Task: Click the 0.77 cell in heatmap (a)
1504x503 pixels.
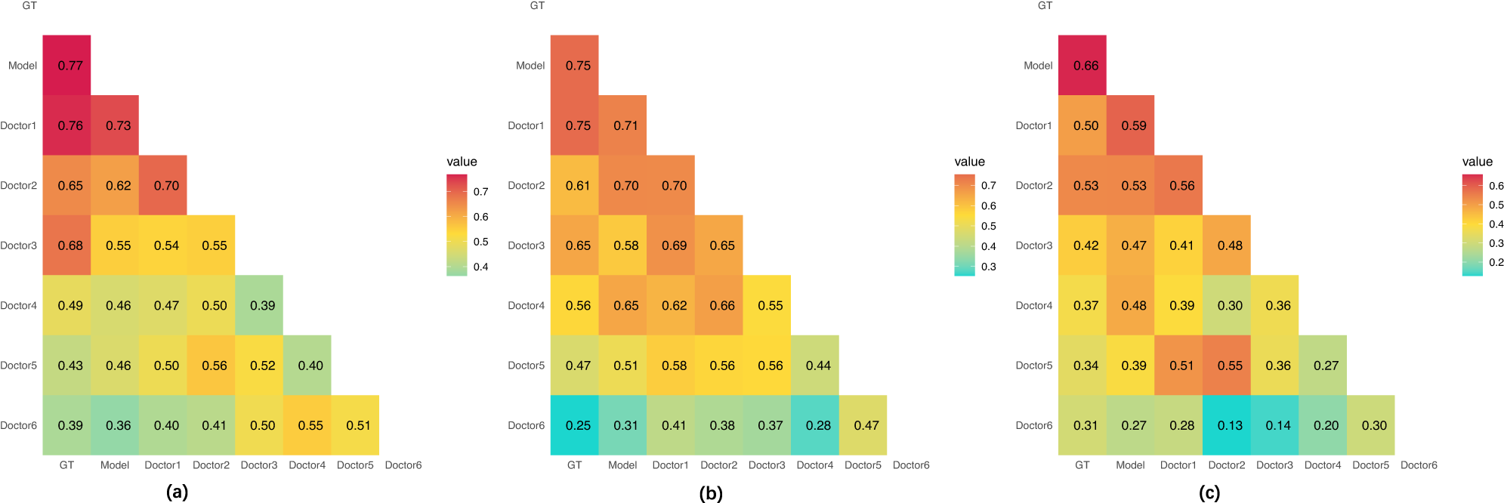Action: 70,66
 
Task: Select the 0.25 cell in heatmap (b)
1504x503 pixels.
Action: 578,426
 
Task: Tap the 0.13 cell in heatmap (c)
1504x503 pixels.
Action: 1230,426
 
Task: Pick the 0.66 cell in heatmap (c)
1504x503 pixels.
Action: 1086,66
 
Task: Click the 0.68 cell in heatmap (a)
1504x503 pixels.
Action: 70,245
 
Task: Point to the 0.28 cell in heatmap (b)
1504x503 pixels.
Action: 818,426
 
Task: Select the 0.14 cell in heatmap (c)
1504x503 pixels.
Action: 1278,426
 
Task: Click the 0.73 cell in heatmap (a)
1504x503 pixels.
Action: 118,125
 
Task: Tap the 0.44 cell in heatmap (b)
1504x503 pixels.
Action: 818,366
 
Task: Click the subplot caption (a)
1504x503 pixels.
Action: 177,493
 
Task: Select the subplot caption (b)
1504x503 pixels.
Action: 711,493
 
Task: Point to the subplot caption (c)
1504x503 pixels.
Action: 1209,493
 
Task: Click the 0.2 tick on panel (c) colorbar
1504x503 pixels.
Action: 1496,263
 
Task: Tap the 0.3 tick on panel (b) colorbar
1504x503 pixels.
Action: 988,267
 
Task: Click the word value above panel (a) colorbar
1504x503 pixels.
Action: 462,162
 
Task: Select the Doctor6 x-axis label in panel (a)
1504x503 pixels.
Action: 403,465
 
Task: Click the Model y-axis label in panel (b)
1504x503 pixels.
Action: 530,66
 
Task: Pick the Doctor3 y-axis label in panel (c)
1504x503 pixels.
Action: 1033,245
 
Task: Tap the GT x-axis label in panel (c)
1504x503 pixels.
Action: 1082,465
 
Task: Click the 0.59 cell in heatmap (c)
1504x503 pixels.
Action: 1134,125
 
